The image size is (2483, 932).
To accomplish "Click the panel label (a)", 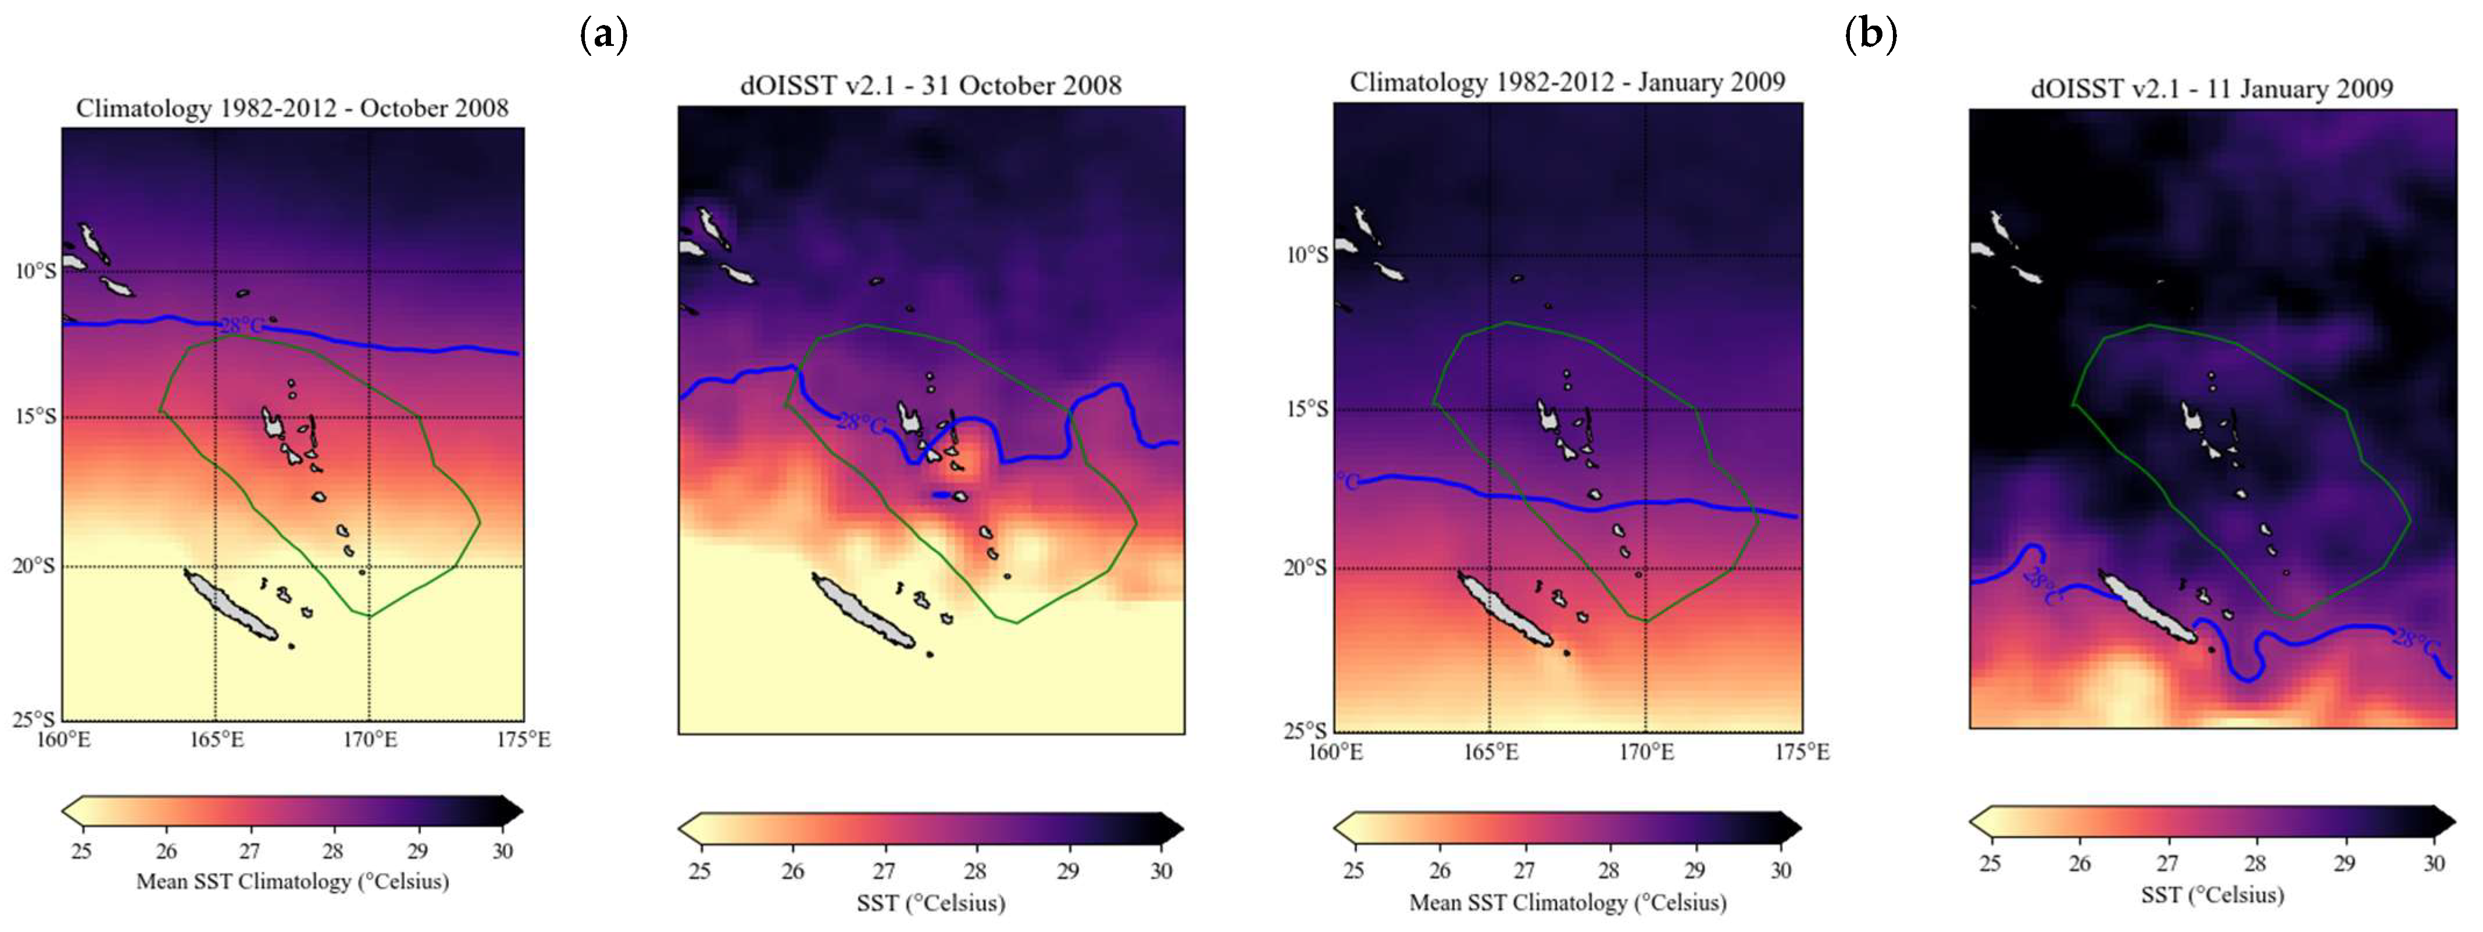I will [x=603, y=35].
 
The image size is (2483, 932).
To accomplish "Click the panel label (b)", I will [x=1870, y=35].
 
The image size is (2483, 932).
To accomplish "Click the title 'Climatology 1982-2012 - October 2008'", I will [x=292, y=108].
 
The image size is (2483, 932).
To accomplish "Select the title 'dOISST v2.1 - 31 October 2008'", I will [x=930, y=86].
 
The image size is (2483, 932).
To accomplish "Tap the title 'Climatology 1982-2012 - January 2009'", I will [x=1566, y=83].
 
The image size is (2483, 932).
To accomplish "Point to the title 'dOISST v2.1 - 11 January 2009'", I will [x=2211, y=90].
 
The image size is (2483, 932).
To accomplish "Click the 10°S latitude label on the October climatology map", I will [x=35, y=271].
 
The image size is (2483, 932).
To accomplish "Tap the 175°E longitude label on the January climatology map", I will [x=1802, y=752].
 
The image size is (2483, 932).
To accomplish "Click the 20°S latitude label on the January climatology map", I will [x=1305, y=567].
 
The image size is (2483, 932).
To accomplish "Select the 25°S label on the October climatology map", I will [x=35, y=719].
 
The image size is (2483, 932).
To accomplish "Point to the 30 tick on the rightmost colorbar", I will [x=2433, y=863].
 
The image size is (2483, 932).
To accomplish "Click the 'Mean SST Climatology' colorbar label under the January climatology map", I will [x=1567, y=903].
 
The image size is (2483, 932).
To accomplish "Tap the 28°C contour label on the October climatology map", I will [x=241, y=326].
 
